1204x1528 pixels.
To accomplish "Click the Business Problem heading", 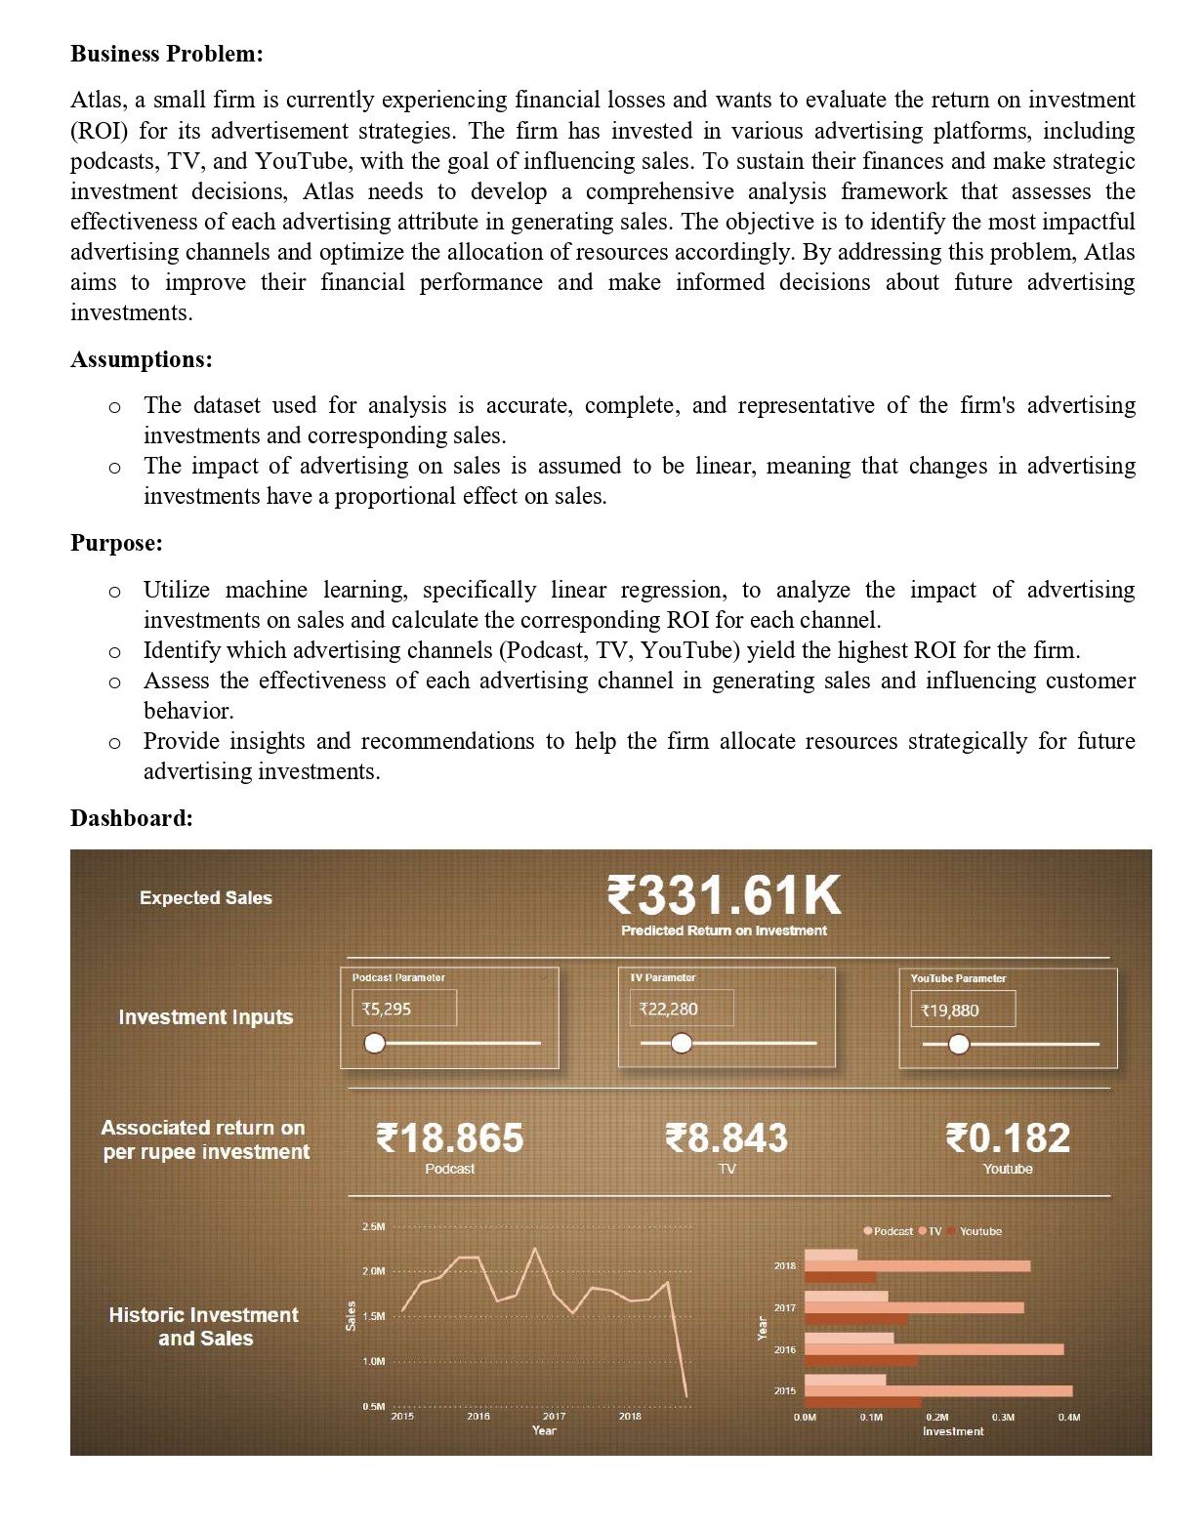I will (x=166, y=54).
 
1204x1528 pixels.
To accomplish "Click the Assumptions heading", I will (x=141, y=359).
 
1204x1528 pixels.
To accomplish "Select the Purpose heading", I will (x=116, y=543).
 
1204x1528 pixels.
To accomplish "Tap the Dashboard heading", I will (x=131, y=818).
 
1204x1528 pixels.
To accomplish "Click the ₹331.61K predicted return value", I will (x=723, y=894).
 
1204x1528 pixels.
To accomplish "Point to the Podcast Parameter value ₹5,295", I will (x=387, y=1009).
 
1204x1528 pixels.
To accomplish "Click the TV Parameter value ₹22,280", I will (x=669, y=1009).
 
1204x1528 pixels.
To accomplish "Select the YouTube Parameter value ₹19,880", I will (x=950, y=1011).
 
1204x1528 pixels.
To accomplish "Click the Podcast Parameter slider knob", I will (x=374, y=1044).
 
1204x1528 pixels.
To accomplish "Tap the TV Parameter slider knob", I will (x=682, y=1044).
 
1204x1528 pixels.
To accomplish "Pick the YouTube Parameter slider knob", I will (x=959, y=1045).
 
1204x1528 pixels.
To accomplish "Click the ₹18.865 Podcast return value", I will (x=450, y=1138).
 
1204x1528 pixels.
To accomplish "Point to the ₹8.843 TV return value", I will (x=727, y=1138).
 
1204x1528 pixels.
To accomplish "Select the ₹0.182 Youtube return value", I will (x=1008, y=1138).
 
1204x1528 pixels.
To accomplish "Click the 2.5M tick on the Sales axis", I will (x=373, y=1226).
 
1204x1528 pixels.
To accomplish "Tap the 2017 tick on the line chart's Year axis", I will (x=554, y=1416).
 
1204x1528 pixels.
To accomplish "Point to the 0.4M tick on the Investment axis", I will (x=1068, y=1417).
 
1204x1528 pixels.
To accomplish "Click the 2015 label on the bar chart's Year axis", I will (x=784, y=1390).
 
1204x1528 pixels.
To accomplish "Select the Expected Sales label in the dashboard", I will (x=205, y=898).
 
